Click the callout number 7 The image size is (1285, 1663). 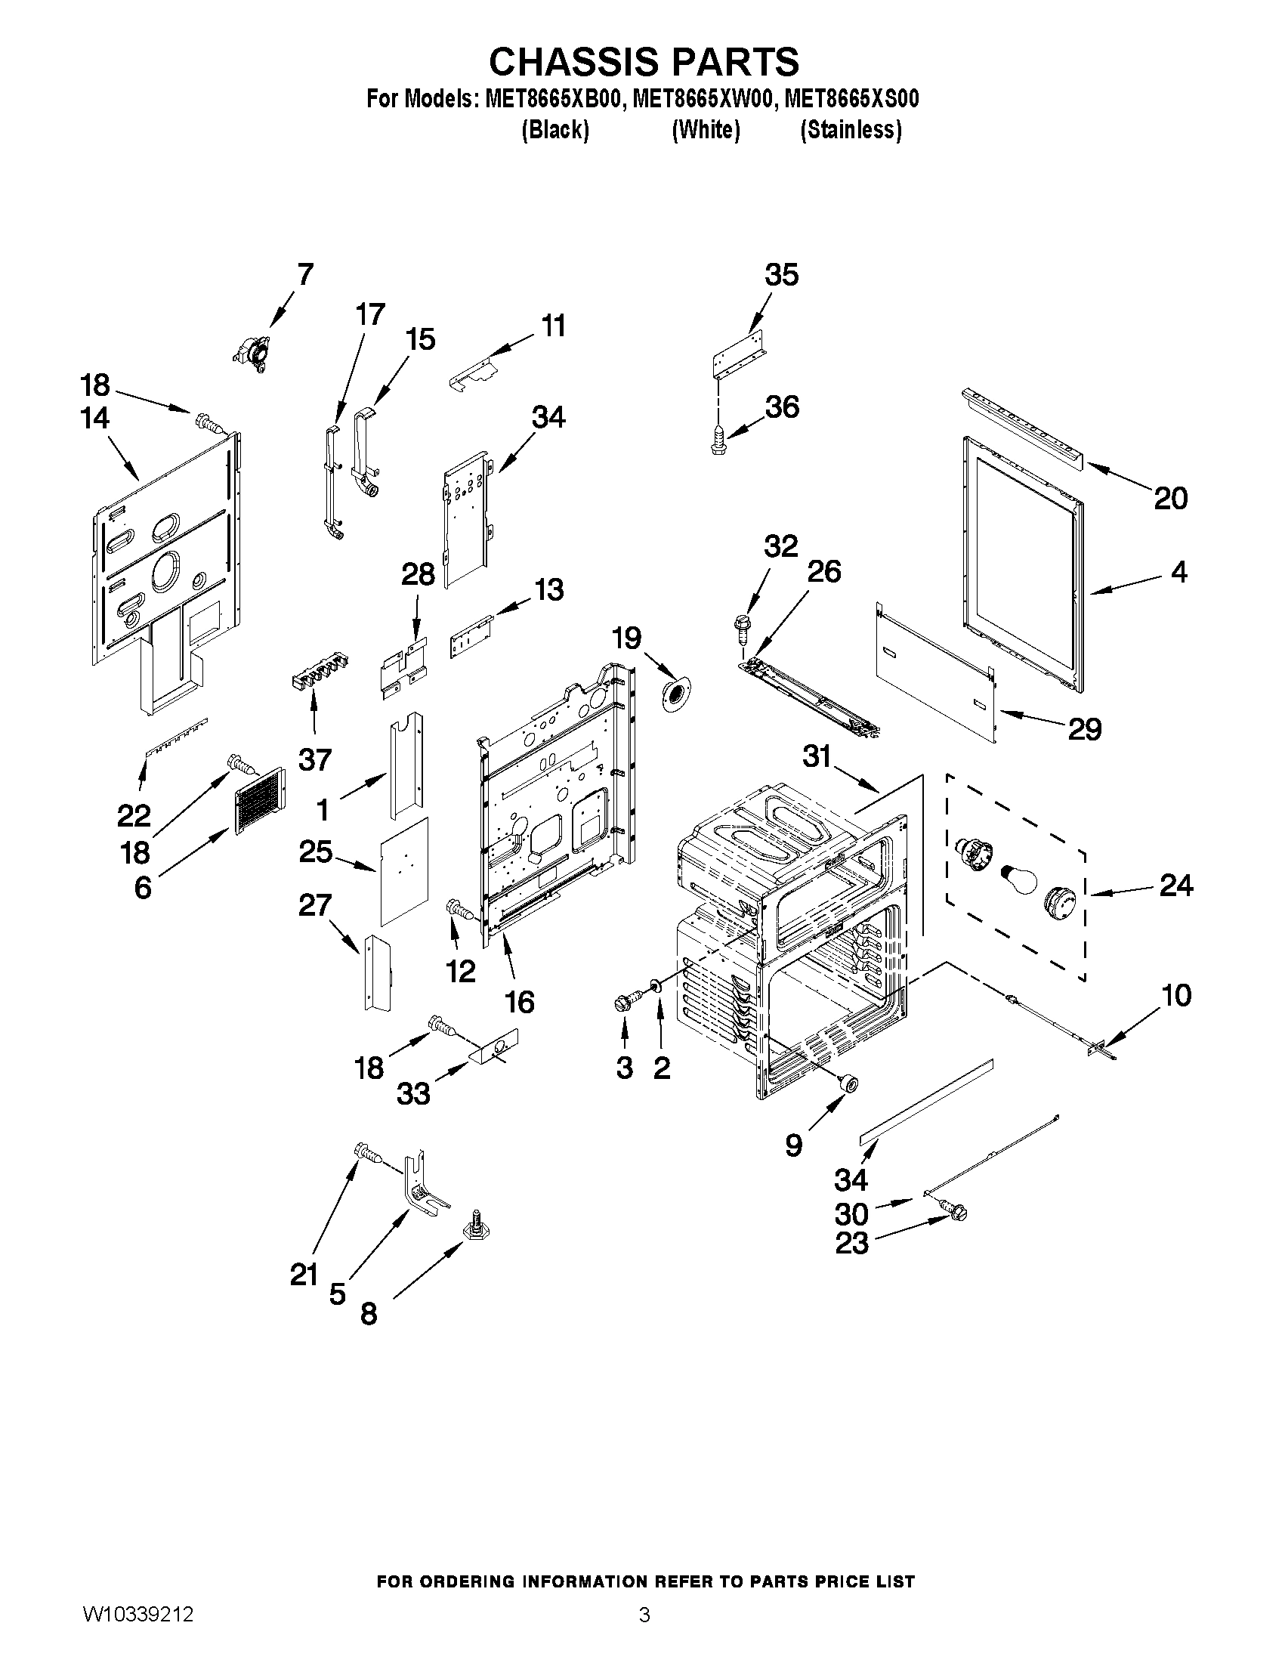[304, 274]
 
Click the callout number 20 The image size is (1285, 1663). [1170, 499]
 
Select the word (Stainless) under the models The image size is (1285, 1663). [851, 131]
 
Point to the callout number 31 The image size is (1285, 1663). [817, 756]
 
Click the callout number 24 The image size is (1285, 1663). [1176, 885]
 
